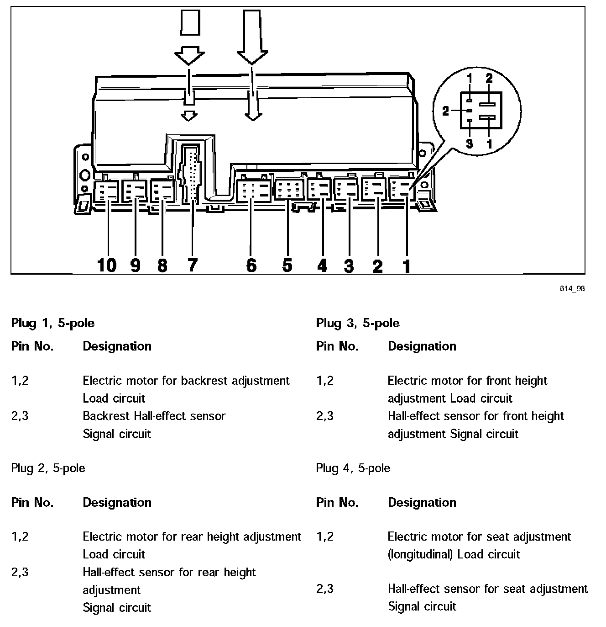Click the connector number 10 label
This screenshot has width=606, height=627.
tap(107, 265)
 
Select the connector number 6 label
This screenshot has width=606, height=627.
tap(251, 265)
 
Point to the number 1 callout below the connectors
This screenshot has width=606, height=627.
tap(406, 266)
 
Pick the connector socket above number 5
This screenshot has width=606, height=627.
tap(288, 190)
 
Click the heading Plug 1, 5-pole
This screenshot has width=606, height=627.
tap(52, 324)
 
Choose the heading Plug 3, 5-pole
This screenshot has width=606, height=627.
tap(357, 324)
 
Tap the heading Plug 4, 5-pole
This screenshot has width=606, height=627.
tap(353, 468)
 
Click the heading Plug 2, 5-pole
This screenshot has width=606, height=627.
tap(48, 468)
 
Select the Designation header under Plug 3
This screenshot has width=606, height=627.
tap(422, 346)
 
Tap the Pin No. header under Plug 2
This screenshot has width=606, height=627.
tap(32, 503)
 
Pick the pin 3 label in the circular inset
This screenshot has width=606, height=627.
tap(470, 143)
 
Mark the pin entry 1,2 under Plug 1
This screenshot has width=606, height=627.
tap(20, 381)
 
